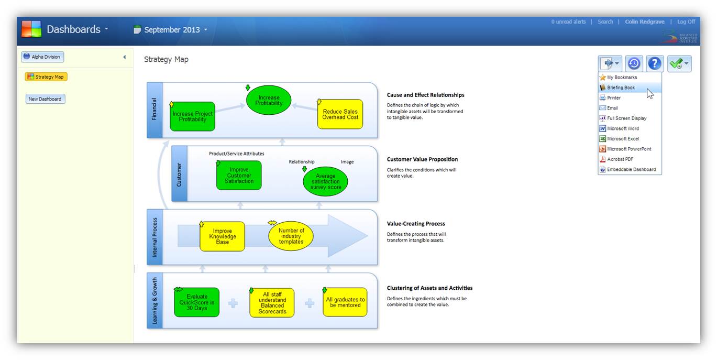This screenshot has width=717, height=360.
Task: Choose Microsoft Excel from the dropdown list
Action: [623, 139]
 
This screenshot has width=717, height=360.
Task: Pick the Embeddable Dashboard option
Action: [631, 169]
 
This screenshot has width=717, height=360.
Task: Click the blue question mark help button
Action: [655, 64]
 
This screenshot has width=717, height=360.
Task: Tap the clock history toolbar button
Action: [634, 64]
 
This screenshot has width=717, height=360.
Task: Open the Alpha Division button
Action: [42, 57]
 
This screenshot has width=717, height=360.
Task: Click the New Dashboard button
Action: [45, 99]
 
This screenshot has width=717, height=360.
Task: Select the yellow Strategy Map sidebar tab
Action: [46, 77]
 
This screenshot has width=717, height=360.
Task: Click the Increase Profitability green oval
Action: [269, 101]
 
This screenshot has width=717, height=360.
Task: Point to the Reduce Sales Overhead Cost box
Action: [340, 114]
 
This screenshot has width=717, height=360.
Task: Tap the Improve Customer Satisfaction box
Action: [239, 176]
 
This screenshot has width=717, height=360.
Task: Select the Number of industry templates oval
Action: [291, 236]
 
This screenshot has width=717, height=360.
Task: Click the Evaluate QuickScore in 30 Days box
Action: [197, 302]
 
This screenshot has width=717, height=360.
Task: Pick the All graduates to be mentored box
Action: [345, 302]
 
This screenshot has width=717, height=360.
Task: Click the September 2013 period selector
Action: [171, 30]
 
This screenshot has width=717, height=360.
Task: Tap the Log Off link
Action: [686, 22]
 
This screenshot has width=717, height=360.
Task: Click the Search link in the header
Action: [605, 22]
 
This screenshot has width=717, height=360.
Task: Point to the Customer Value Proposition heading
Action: [422, 159]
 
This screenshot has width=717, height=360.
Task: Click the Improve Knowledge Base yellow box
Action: [222, 236]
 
